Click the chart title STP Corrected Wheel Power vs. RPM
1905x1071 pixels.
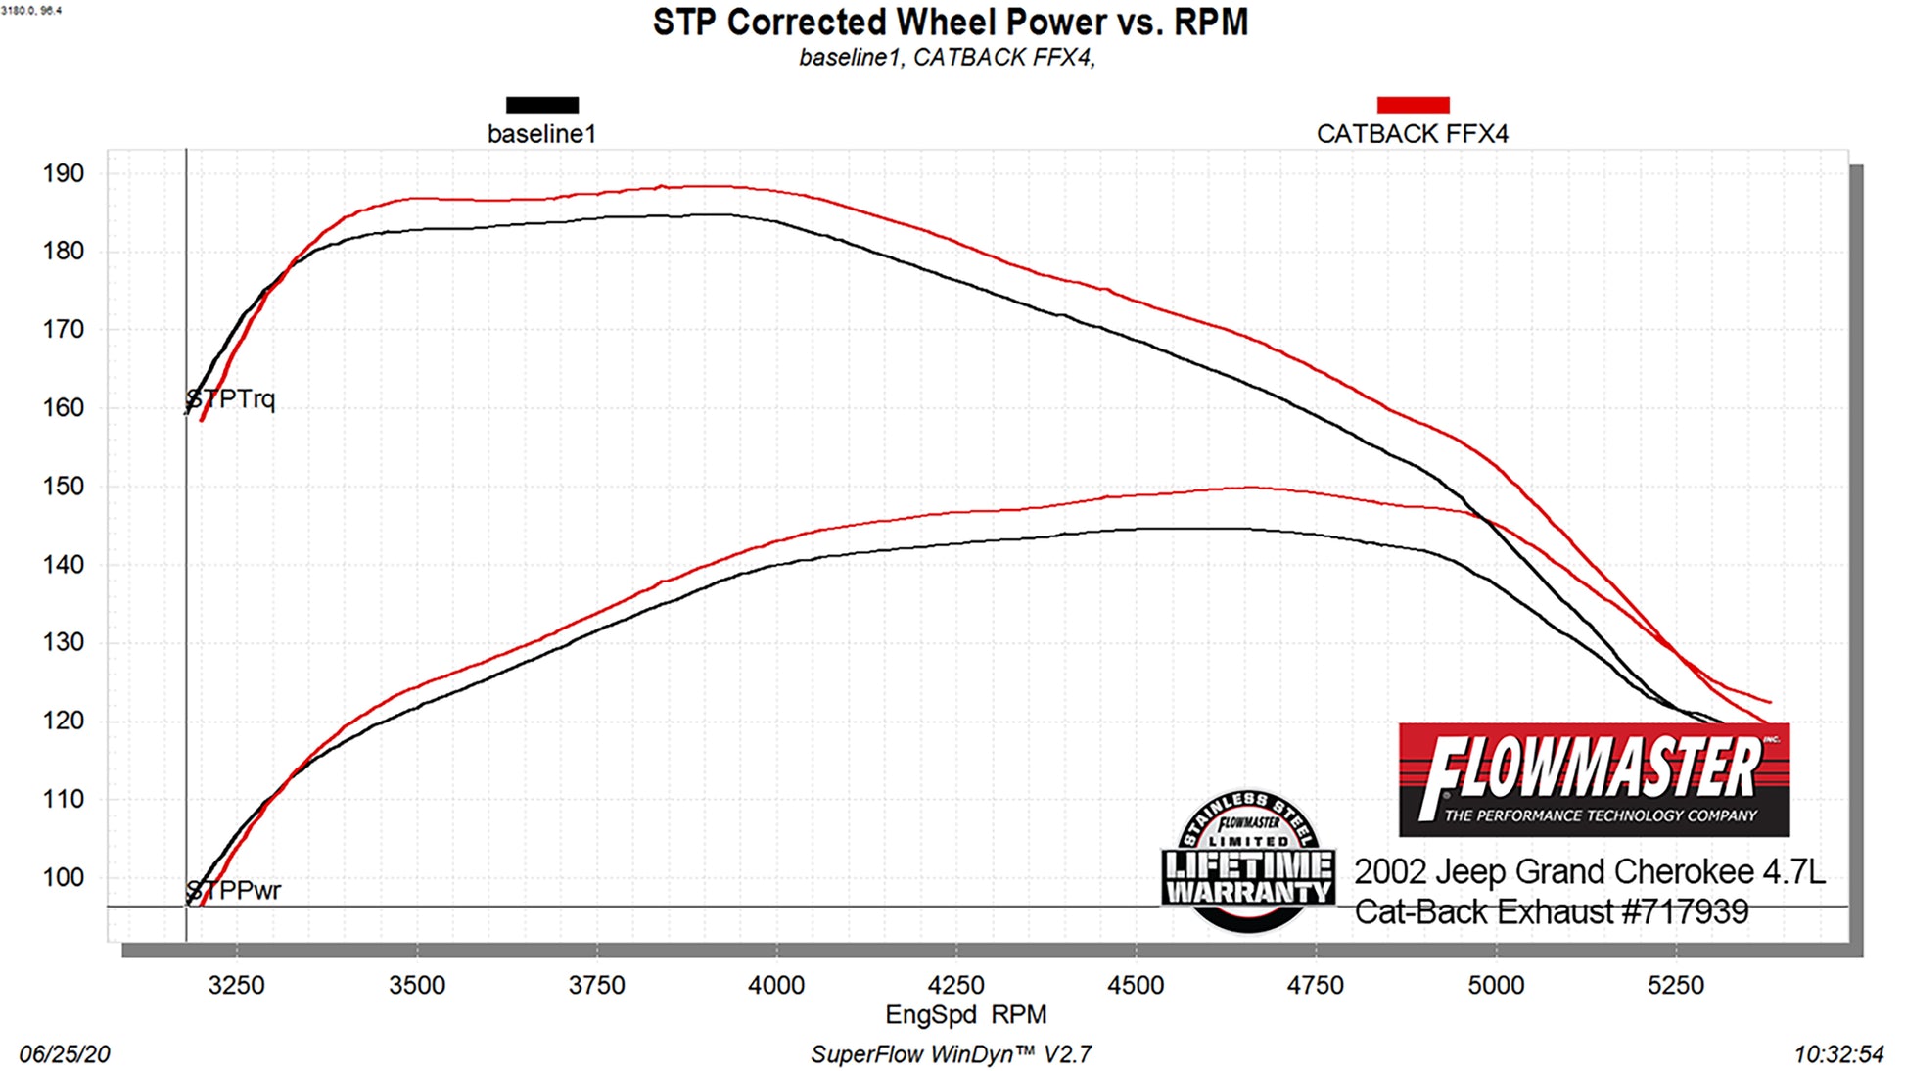coord(950,22)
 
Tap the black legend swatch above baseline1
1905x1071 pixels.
coord(541,105)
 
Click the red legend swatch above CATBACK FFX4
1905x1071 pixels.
coord(1412,105)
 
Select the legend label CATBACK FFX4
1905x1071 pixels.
coord(1412,134)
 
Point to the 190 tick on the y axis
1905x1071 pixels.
coord(63,173)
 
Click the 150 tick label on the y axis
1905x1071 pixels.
coord(63,486)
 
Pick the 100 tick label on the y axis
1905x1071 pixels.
coord(63,877)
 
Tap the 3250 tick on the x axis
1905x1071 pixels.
coord(236,985)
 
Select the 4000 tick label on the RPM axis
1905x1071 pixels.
coord(775,985)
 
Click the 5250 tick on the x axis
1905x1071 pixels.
coord(1675,985)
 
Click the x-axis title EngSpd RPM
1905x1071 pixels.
coord(965,1014)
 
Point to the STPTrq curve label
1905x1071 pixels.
coord(232,399)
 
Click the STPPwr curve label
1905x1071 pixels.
coord(234,891)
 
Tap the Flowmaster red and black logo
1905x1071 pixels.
coord(1593,779)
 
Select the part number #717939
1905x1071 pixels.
coord(1684,912)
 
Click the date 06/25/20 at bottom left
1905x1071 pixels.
coord(65,1054)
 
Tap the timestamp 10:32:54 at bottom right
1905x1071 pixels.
coord(1837,1054)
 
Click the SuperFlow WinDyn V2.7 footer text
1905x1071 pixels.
coord(950,1054)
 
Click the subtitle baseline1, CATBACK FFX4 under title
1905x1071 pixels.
coord(946,58)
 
